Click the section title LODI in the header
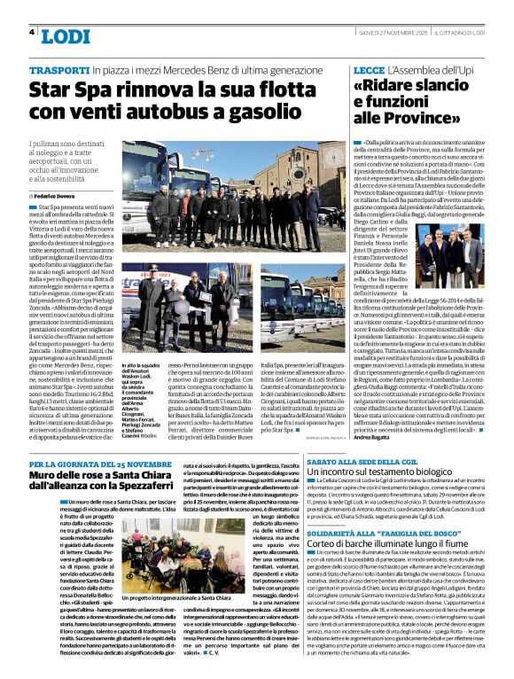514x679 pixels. point(66,35)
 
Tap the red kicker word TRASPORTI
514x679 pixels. point(58,69)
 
